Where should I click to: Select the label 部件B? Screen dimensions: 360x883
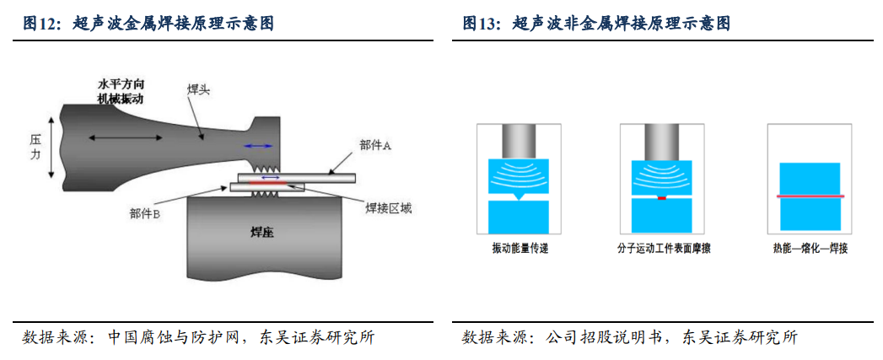145,214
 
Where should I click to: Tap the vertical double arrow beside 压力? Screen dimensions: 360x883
52,148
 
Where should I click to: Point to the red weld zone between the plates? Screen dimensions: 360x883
253,182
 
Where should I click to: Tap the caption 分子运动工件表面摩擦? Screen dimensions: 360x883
663,250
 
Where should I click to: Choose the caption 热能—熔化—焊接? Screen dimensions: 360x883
810,250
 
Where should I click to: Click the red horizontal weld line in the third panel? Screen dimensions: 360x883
810,196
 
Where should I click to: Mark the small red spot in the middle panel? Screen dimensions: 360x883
662,198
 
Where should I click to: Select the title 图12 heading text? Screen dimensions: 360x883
148,24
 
